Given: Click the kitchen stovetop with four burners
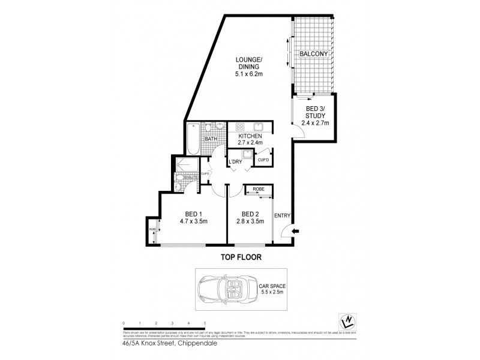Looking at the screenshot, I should tap(238, 127).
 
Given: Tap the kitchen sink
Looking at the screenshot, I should tap(260, 127).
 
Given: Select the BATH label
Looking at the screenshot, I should tap(210, 140).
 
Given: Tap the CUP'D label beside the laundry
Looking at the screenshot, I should tap(262, 160).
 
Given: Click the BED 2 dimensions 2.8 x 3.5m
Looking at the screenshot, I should tap(249, 221).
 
